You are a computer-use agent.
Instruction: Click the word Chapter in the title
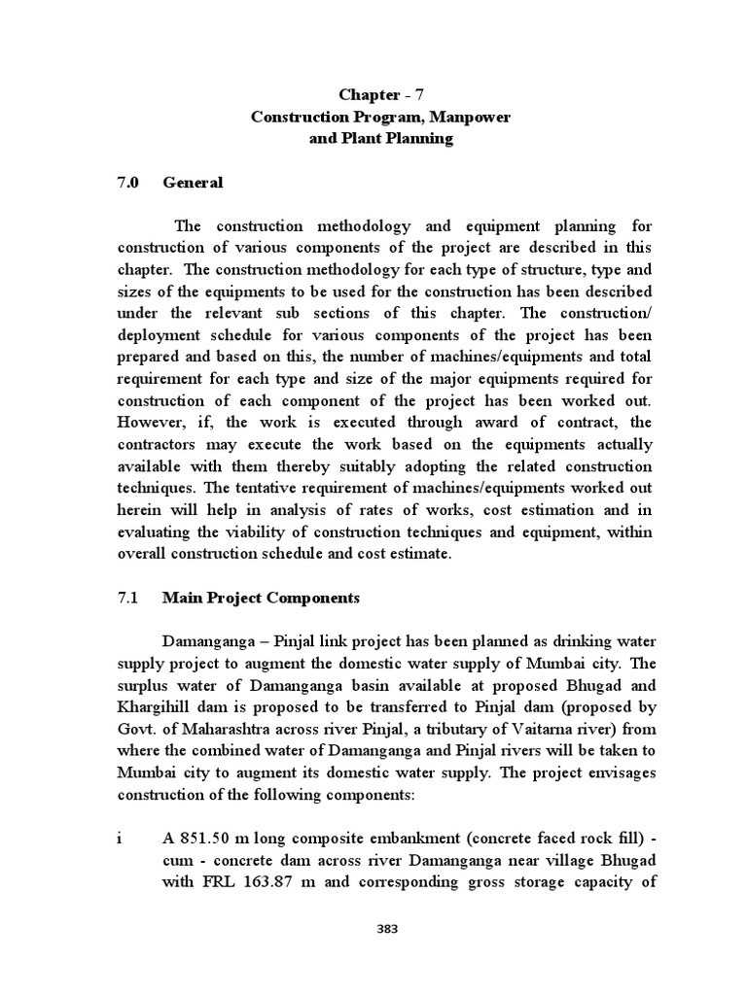369,94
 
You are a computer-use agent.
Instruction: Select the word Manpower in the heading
471,117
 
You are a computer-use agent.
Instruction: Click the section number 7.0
128,182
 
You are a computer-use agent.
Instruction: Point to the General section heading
193,182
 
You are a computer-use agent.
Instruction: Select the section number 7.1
128,598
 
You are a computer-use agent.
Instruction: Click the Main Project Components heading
261,598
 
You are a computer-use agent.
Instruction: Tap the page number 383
387,929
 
